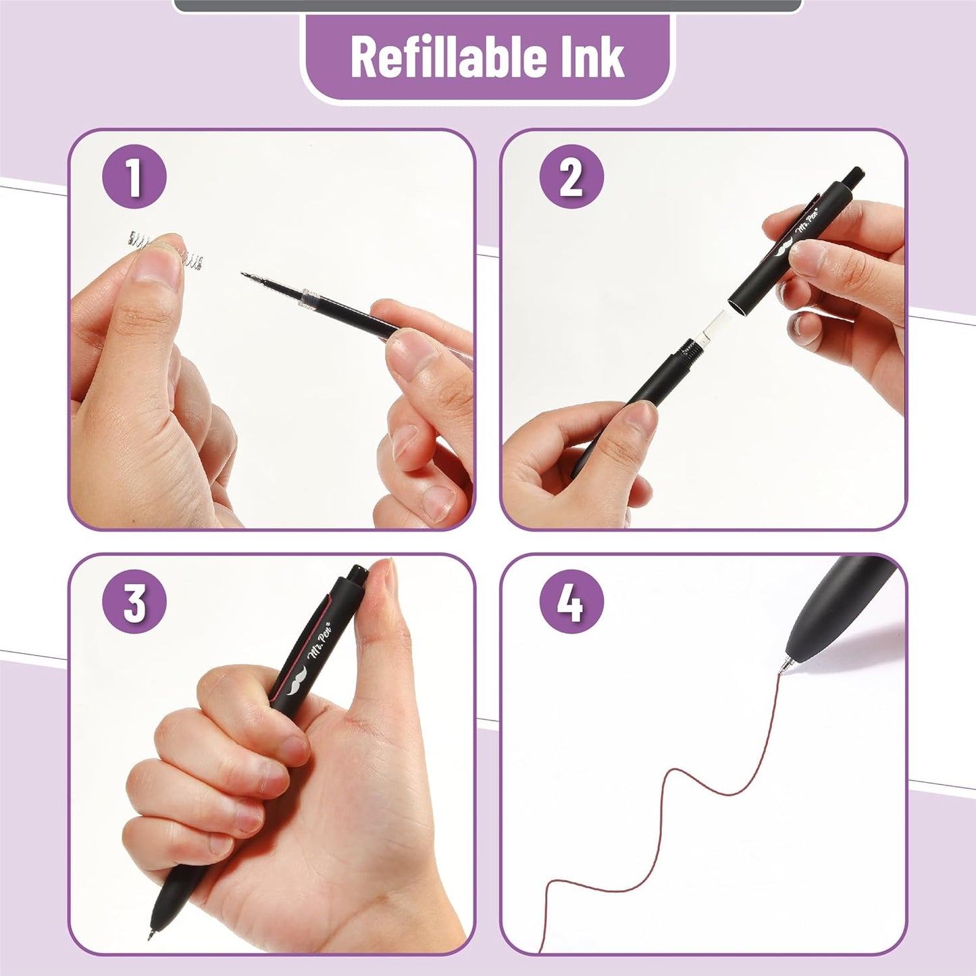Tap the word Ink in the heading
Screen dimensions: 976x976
click(595, 57)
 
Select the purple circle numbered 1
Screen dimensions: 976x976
click(134, 177)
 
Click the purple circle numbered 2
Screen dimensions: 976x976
click(571, 177)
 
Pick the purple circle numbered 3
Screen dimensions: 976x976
click(134, 601)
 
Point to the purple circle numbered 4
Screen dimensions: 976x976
click(571, 601)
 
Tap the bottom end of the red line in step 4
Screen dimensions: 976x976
click(540, 949)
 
